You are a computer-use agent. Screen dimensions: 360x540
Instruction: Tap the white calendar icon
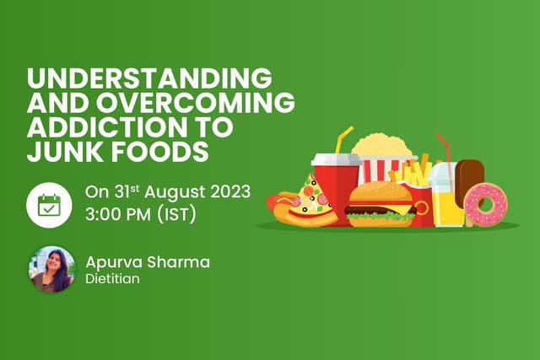pos(48,204)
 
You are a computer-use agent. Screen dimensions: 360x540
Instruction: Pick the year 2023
pos(229,191)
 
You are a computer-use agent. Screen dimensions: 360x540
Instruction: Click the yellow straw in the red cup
pos(343,138)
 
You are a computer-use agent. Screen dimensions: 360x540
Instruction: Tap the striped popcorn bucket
pos(385,164)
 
